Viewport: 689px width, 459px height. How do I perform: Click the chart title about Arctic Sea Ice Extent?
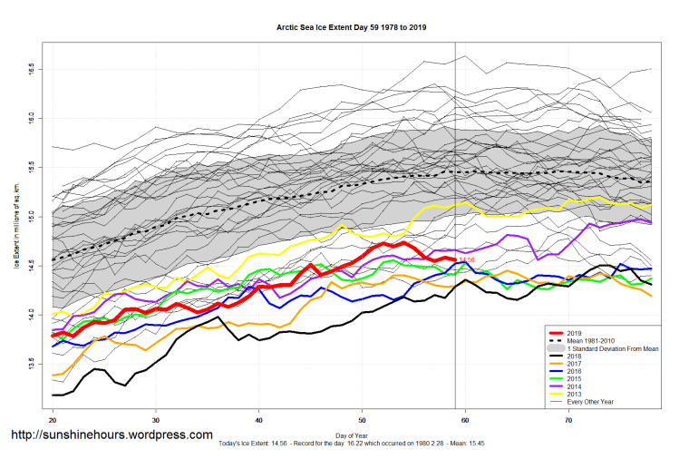click(351, 27)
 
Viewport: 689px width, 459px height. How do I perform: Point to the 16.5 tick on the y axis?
click(33, 67)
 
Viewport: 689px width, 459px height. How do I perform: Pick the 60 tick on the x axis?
click(465, 421)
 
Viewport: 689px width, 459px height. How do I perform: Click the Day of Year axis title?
click(351, 435)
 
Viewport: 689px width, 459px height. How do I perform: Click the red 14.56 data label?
click(467, 260)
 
